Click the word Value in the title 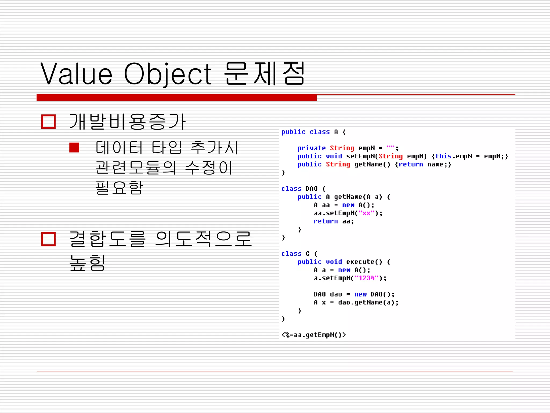coord(76,74)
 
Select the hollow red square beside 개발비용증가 coord(48,122)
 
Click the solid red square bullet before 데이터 coord(74,147)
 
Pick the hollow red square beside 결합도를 coord(48,239)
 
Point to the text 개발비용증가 coord(127,122)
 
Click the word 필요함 coord(119,187)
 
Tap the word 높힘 coord(87,262)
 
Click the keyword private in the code coord(311,148)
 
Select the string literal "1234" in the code coord(366,278)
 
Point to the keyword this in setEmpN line coord(443,156)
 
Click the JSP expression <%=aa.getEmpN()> coord(313,335)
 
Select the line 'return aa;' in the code coord(334,221)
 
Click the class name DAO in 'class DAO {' coord(312,189)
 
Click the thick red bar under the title coord(176,98)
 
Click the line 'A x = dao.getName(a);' coord(356,302)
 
